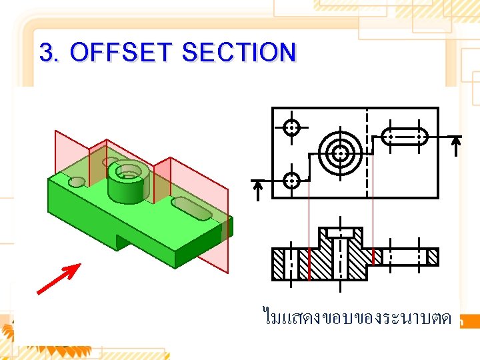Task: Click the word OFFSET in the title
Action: coord(123,52)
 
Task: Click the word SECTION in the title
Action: coord(239,52)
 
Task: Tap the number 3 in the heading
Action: coord(46,52)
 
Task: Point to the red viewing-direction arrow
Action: coord(59,279)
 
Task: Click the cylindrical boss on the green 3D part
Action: coord(127,183)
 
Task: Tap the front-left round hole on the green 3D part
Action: coord(77,181)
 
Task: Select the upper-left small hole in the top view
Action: coord(291,127)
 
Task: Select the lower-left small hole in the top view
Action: coord(291,180)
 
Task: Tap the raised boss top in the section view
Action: coord(341,232)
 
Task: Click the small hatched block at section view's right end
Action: coord(433,256)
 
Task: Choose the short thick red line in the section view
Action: coord(374,256)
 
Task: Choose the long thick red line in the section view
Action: coord(309,265)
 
